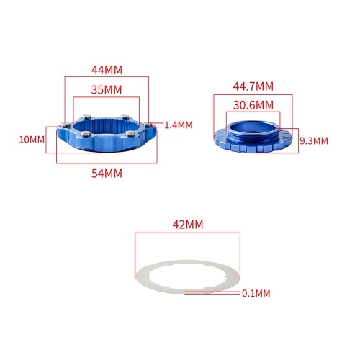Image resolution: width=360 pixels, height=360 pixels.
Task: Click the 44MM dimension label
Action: coord(107,70)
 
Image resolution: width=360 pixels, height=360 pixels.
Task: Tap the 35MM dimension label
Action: coord(107,90)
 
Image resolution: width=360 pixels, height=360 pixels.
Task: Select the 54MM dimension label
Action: coord(107,174)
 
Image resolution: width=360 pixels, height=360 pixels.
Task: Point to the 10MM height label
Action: coord(32,140)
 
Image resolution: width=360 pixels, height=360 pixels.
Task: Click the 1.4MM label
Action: coord(179,125)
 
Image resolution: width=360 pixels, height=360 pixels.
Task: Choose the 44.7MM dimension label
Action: coord(253,86)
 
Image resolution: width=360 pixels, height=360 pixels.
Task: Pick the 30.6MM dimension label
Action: coord(253,105)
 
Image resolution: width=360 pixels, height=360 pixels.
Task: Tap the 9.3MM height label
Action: coord(314,141)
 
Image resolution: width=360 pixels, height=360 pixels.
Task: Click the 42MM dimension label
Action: coord(188,225)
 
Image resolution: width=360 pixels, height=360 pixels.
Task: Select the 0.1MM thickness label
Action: coord(256,293)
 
